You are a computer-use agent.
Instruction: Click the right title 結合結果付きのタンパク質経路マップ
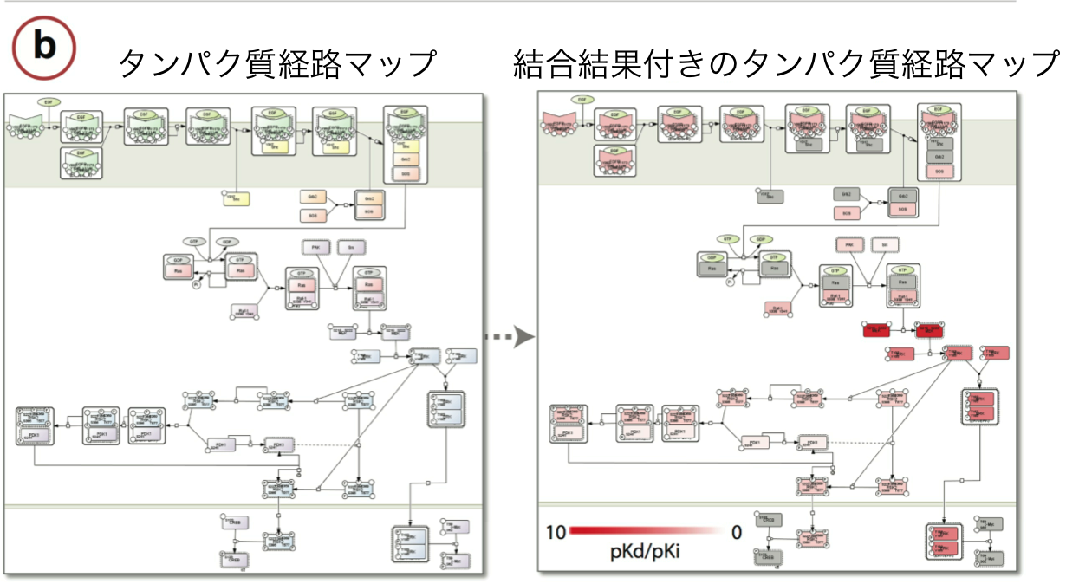(785, 64)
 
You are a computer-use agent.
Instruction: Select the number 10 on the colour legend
(556, 532)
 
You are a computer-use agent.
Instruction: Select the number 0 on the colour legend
(737, 532)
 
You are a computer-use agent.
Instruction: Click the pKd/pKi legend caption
(643, 552)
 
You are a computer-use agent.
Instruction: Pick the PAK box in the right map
(848, 245)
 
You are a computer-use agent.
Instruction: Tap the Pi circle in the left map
(196, 283)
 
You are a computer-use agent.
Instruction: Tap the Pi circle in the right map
(730, 282)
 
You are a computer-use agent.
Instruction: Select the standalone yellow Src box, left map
(236, 198)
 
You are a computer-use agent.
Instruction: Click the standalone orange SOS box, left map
(313, 214)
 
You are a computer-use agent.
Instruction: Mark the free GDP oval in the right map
(761, 238)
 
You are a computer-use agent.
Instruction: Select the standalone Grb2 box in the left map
(313, 198)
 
